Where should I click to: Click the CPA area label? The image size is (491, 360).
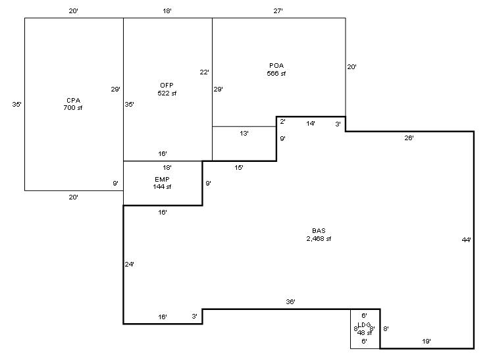point(73,100)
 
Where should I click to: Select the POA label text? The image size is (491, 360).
point(276,66)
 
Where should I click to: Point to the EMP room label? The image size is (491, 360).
point(163,179)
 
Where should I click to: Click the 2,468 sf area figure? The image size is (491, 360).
point(319,238)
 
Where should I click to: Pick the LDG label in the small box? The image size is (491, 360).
point(364,325)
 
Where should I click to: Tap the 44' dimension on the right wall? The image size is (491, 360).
point(467,240)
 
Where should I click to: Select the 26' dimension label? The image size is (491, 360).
point(409,138)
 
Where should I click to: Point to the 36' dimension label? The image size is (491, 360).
point(290,301)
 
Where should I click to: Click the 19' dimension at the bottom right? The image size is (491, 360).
point(427,341)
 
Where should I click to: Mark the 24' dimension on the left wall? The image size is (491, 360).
point(130,265)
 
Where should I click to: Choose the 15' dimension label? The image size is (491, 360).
point(239,168)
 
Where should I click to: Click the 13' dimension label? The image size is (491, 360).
point(244,133)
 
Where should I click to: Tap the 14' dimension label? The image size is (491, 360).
point(311,123)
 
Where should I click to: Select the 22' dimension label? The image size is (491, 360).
point(205,72)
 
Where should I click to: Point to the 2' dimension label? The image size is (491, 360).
point(282,122)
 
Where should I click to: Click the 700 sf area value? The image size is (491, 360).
point(73,107)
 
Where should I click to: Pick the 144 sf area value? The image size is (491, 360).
point(163,187)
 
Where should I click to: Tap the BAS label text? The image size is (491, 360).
point(319,230)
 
